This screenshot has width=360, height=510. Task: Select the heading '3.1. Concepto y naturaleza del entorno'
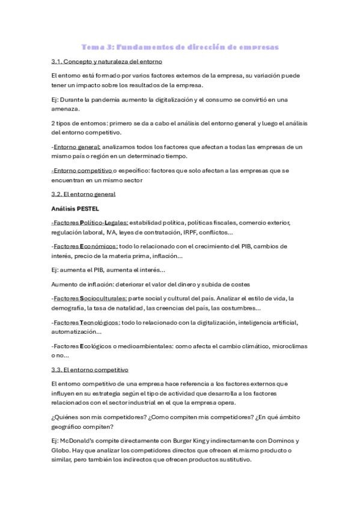click(107, 62)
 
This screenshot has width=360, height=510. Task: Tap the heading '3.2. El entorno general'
click(84, 194)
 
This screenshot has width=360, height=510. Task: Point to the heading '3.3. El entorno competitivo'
click(90, 369)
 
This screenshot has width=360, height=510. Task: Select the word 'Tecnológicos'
click(99, 322)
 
